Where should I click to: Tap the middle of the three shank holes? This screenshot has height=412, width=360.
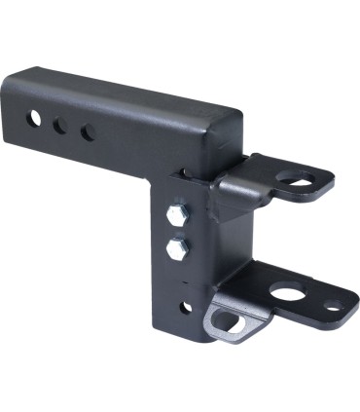click(x=61, y=125)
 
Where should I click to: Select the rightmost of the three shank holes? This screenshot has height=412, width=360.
click(x=88, y=131)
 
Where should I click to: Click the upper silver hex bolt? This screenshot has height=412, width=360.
click(x=176, y=214)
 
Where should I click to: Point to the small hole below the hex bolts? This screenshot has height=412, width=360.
click(x=185, y=307)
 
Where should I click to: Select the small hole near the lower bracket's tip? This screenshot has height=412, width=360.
click(x=334, y=306)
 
